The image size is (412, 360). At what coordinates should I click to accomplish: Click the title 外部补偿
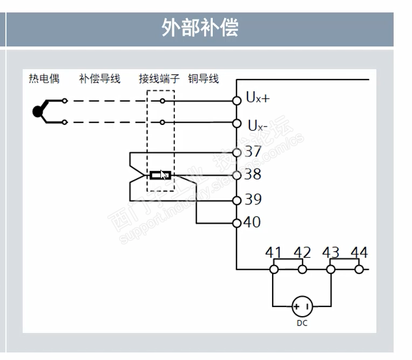click(199, 27)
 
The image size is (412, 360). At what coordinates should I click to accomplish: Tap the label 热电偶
click(44, 79)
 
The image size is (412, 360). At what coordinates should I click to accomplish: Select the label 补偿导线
click(99, 79)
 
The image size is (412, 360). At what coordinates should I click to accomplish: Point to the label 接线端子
click(159, 79)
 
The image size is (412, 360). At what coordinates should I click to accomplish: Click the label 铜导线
click(204, 79)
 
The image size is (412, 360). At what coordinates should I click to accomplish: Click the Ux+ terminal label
click(258, 98)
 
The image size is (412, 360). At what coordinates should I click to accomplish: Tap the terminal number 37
click(253, 151)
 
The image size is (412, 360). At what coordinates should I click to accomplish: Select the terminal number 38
click(253, 174)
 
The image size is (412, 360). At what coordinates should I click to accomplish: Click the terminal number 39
click(253, 199)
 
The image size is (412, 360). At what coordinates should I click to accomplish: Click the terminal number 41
click(274, 252)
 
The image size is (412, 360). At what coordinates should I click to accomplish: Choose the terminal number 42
click(302, 252)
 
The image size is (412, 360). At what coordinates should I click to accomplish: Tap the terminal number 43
click(330, 252)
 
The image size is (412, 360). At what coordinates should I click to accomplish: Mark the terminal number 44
click(359, 252)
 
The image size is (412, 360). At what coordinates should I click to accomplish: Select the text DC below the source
click(302, 323)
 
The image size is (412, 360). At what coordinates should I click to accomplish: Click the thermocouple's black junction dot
click(37, 111)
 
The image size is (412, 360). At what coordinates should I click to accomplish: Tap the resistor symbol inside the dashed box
click(160, 175)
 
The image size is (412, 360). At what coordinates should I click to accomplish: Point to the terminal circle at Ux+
click(236, 100)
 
